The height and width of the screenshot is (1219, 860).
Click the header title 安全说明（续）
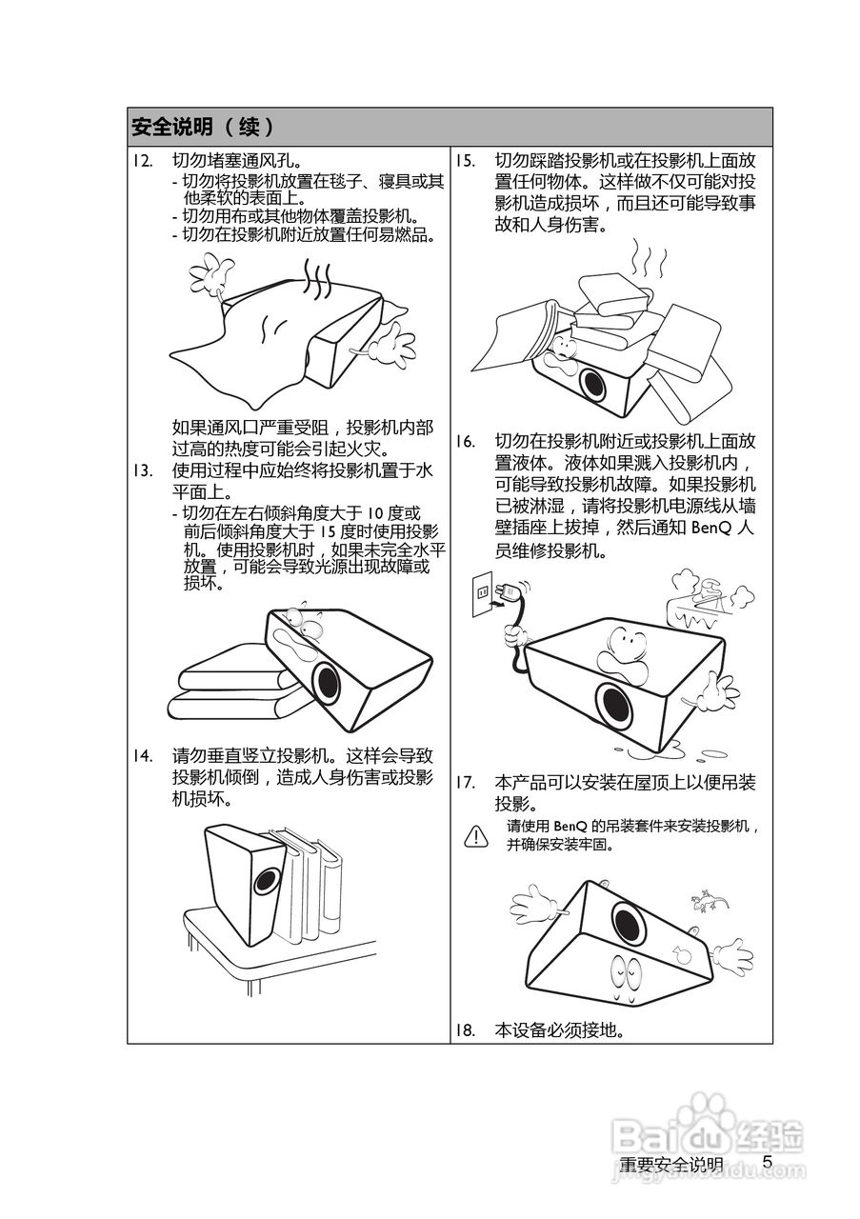tap(203, 128)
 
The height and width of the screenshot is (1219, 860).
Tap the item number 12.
tap(143, 161)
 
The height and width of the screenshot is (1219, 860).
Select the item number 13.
tap(143, 470)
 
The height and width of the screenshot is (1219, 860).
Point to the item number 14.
tap(143, 756)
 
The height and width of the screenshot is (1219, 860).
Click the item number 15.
tap(466, 161)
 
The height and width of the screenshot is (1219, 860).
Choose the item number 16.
tap(466, 441)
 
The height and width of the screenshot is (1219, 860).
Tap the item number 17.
tap(466, 783)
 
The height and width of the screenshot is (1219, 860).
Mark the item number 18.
tap(466, 1030)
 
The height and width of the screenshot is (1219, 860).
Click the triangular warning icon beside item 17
tap(476, 836)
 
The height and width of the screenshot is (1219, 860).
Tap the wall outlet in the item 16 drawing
tap(482, 593)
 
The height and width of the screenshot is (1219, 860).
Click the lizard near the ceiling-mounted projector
tap(709, 901)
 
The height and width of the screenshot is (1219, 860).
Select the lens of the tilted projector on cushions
tap(328, 683)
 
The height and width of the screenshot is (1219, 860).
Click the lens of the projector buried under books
tap(592, 385)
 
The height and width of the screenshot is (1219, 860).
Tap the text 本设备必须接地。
tap(560, 1030)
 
